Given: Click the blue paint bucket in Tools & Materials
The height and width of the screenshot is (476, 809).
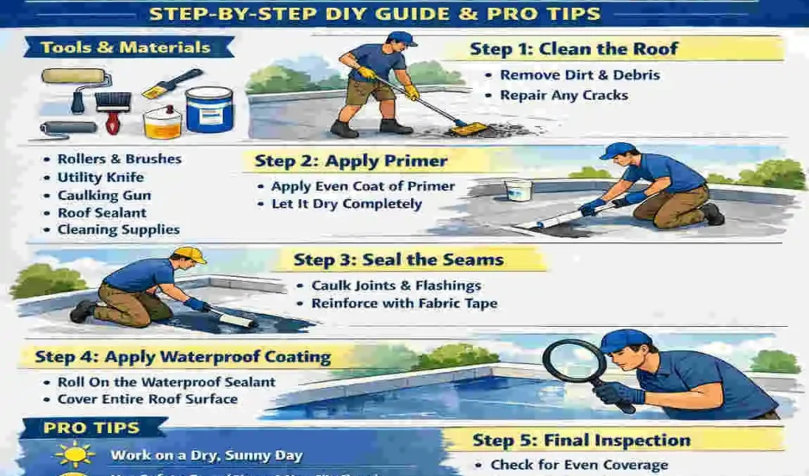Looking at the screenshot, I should (x=209, y=109).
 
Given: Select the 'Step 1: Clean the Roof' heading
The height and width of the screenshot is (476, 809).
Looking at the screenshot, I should (x=573, y=49).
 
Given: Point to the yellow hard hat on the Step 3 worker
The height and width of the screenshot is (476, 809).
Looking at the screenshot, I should (x=190, y=255).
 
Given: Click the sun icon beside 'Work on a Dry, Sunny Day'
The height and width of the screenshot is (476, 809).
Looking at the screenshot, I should (x=75, y=455).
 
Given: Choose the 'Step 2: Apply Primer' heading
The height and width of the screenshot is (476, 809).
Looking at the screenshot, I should (x=351, y=161).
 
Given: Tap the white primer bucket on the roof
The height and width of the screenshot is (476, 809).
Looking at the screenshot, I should (x=517, y=190).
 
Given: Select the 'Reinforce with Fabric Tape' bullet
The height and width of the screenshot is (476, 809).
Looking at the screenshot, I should (x=404, y=303).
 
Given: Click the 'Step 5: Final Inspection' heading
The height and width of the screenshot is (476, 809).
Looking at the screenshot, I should (x=581, y=440).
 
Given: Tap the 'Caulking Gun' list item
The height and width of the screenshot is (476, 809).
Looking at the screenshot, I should (x=104, y=195).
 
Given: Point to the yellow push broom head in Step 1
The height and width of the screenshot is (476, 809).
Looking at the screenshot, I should (x=468, y=129).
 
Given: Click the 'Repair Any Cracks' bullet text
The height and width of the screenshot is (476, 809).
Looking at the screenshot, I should (x=563, y=95).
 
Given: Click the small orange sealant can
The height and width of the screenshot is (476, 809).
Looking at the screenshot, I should (x=162, y=122).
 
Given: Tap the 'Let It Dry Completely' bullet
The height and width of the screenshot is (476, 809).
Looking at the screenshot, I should (x=347, y=204).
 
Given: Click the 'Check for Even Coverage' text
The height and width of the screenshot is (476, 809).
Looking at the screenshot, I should (x=579, y=465).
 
